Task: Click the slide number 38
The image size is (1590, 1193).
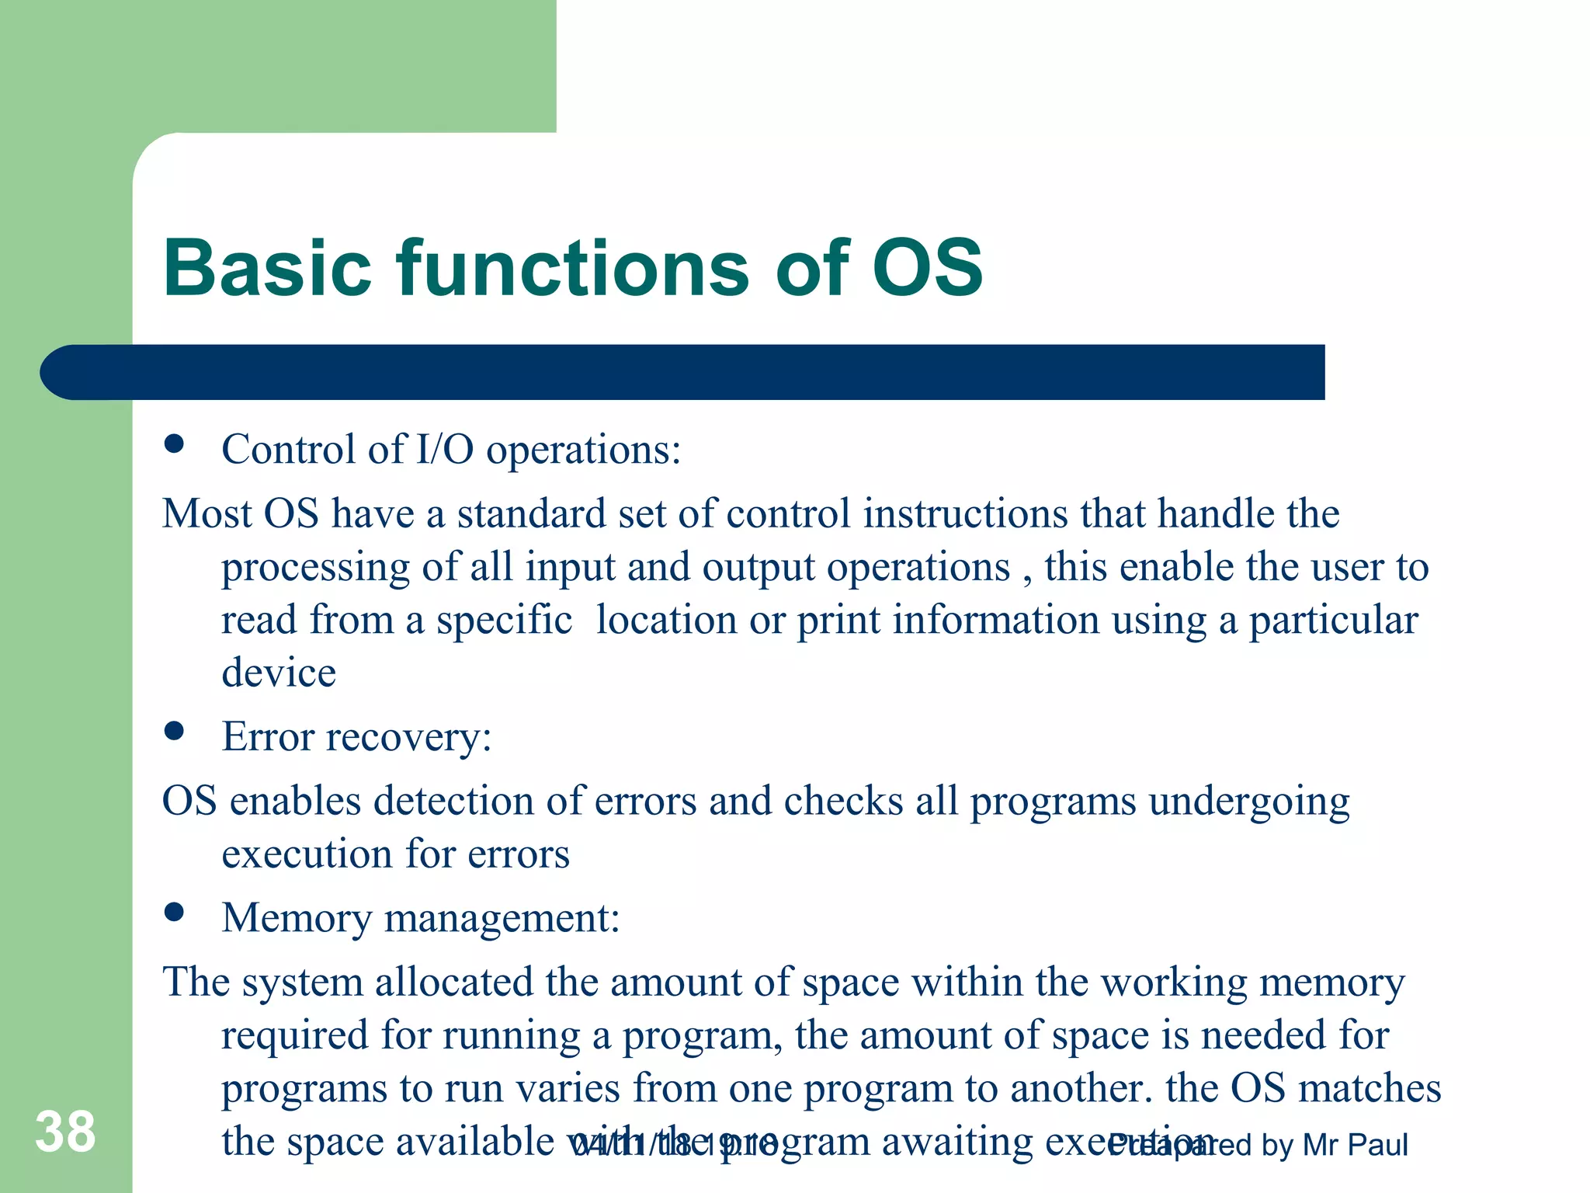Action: [x=65, y=1132]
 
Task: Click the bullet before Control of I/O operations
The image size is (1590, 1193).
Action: [x=174, y=444]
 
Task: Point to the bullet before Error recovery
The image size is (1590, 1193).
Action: [x=174, y=731]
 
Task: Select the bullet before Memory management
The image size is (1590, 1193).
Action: [x=174, y=912]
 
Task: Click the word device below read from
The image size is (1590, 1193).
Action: [x=279, y=673]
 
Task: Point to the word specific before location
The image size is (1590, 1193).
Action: [x=504, y=620]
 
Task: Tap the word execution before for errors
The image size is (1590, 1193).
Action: [x=307, y=854]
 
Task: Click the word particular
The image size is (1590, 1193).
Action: [x=1333, y=620]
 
